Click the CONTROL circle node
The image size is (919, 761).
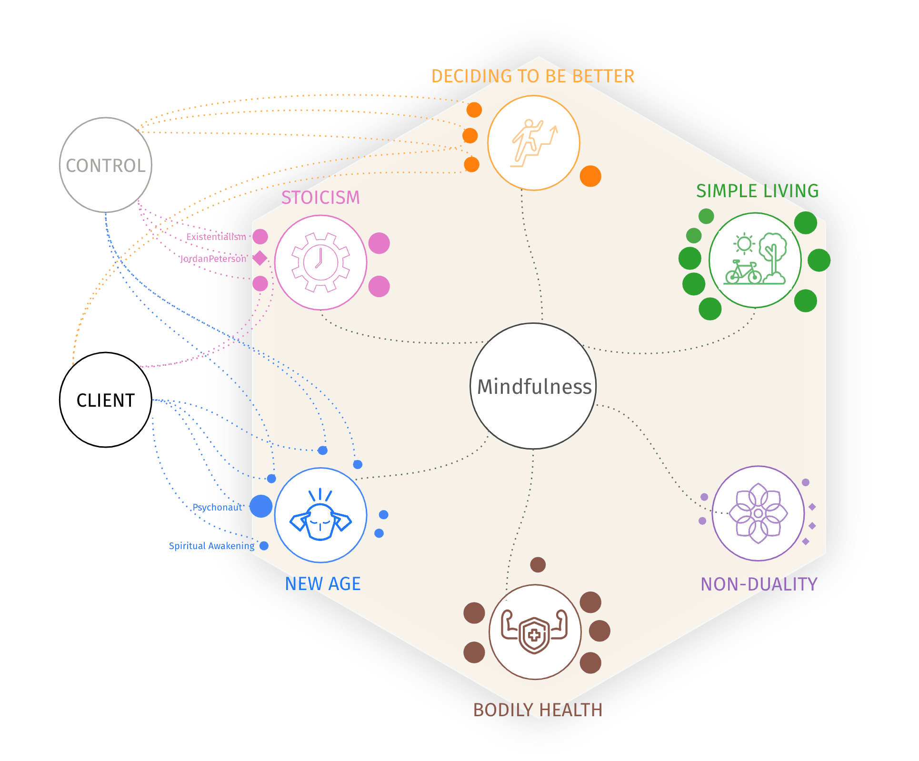(105, 165)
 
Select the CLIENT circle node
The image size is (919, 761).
(105, 400)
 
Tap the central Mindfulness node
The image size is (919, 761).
(533, 386)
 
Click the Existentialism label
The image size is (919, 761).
(216, 237)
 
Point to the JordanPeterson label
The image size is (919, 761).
(213, 259)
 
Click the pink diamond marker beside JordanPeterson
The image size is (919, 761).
(260, 258)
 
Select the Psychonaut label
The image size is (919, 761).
(217, 507)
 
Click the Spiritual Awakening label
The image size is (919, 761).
(211, 546)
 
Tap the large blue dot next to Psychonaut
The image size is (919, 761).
(261, 506)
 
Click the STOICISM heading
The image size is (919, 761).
(320, 198)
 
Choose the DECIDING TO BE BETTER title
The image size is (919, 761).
(532, 76)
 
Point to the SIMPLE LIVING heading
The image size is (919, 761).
(757, 191)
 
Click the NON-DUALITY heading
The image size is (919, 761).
(759, 584)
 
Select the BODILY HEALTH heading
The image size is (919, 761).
(538, 710)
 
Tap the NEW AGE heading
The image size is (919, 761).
(322, 584)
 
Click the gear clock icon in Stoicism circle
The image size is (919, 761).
(320, 262)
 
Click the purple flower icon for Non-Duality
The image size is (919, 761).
(758, 513)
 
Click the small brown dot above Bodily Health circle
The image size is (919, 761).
(538, 565)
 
